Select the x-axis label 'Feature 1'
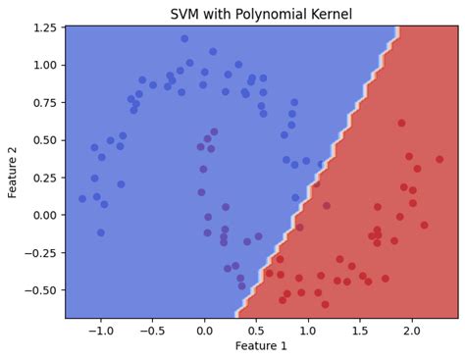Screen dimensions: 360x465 pyautogui.click(x=261, y=346)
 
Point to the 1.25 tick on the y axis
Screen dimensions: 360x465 pyautogui.click(x=44, y=27)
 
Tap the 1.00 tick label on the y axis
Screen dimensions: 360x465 pyautogui.click(x=44, y=65)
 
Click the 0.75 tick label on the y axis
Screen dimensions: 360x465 pyautogui.click(x=44, y=102)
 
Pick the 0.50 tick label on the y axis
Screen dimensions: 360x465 pyautogui.click(x=44, y=139)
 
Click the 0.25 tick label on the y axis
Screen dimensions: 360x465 pyautogui.click(x=44, y=178)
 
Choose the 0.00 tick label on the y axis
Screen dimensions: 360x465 pyautogui.click(x=44, y=215)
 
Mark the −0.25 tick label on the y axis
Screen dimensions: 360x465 pyautogui.click(x=40, y=252)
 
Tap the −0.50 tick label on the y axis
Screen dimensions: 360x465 pyautogui.click(x=40, y=289)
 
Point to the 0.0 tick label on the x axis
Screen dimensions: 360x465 pyautogui.click(x=203, y=331)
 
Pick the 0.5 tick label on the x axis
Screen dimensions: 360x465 pyautogui.click(x=255, y=331)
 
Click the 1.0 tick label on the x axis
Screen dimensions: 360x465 pyautogui.click(x=307, y=331)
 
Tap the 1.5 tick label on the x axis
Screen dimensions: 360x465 pyautogui.click(x=359, y=331)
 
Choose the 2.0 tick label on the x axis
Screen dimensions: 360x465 pyautogui.click(x=412, y=331)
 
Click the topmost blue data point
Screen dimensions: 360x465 pyautogui.click(x=184, y=39)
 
